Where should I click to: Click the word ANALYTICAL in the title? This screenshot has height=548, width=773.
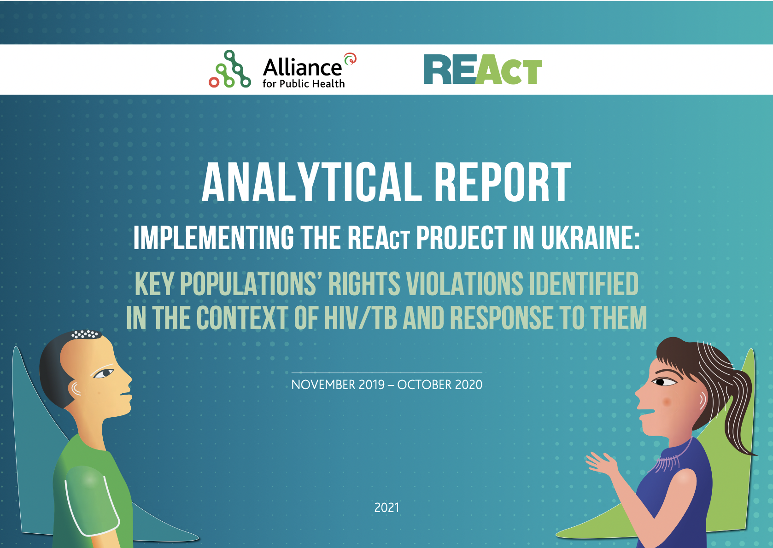311,183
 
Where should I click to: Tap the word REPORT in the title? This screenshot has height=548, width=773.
503,183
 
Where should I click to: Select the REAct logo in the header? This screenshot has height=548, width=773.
482,70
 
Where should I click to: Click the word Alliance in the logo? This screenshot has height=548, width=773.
302,68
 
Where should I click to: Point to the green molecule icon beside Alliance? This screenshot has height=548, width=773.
230,70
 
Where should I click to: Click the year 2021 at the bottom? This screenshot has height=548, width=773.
386,507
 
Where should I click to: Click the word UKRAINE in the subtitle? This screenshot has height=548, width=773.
590,238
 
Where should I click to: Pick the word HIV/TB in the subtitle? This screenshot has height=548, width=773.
360,318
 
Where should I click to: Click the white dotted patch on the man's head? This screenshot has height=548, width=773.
85,334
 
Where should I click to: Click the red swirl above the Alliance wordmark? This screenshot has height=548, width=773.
350,59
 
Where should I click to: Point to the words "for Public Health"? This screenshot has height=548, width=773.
304,84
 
